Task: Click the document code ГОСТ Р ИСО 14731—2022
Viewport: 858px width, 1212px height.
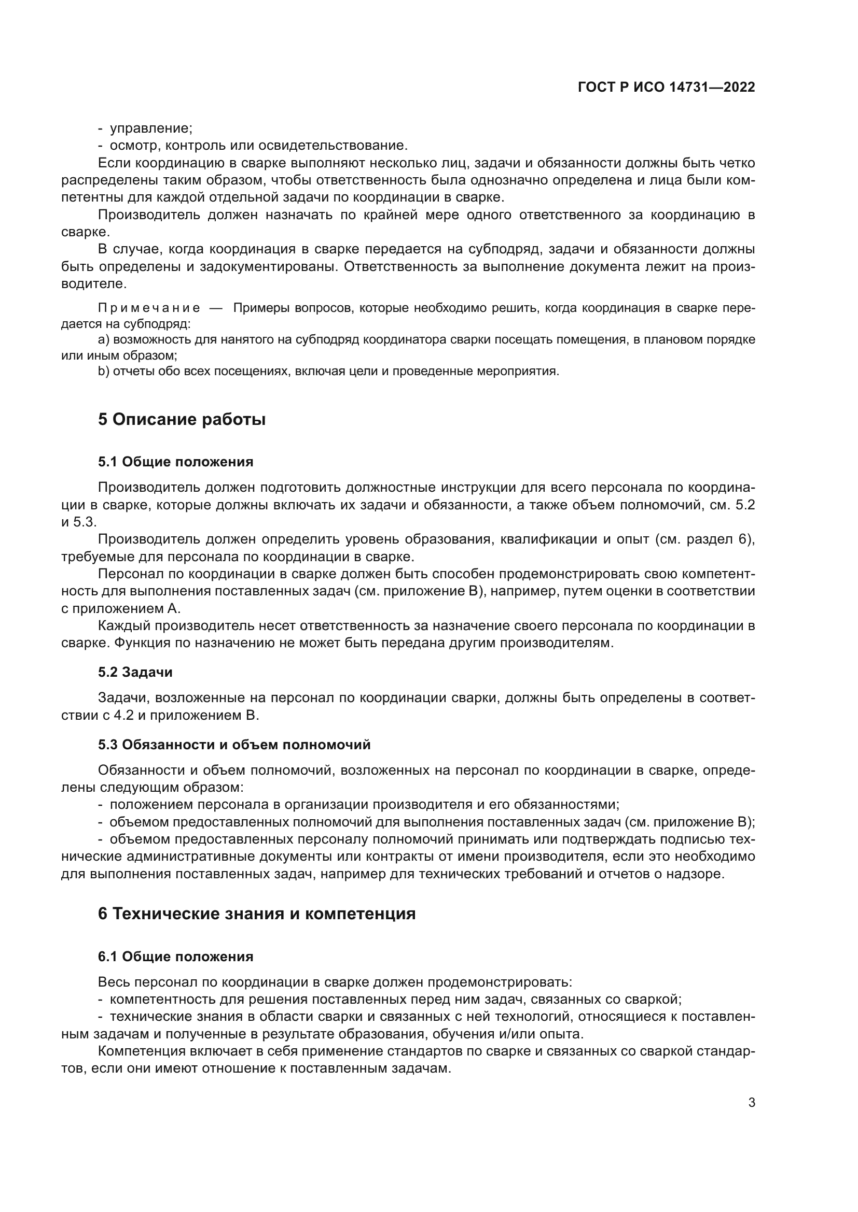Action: (666, 88)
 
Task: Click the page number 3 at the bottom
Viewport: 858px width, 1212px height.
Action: (751, 1103)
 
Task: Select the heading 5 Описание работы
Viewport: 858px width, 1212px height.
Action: (182, 419)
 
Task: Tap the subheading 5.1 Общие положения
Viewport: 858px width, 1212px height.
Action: (175, 462)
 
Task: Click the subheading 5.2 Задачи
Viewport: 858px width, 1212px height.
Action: (135, 672)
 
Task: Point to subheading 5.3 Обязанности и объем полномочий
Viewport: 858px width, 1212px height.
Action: (234, 745)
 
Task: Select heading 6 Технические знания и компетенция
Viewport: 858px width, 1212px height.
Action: (257, 913)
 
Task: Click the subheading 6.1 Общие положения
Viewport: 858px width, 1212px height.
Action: (175, 957)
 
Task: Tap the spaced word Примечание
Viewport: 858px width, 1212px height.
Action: (149, 308)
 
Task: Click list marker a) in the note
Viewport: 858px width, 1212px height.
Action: (104, 340)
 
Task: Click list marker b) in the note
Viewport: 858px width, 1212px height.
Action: (104, 371)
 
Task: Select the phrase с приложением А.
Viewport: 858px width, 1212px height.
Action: (121, 609)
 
